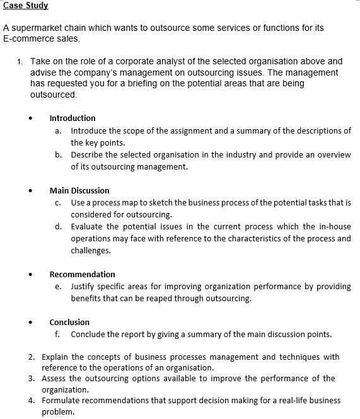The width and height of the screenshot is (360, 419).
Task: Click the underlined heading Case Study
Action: [26, 6]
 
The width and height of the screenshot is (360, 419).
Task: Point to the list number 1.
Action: [20, 61]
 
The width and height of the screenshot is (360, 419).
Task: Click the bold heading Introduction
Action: [73, 118]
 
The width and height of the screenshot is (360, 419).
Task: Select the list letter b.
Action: [58, 154]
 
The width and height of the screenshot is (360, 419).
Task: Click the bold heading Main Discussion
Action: [79, 190]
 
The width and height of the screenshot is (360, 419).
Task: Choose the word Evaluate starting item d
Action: [88, 226]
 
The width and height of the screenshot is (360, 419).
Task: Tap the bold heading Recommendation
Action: [82, 274]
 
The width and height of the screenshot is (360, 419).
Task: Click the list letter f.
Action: [58, 334]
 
